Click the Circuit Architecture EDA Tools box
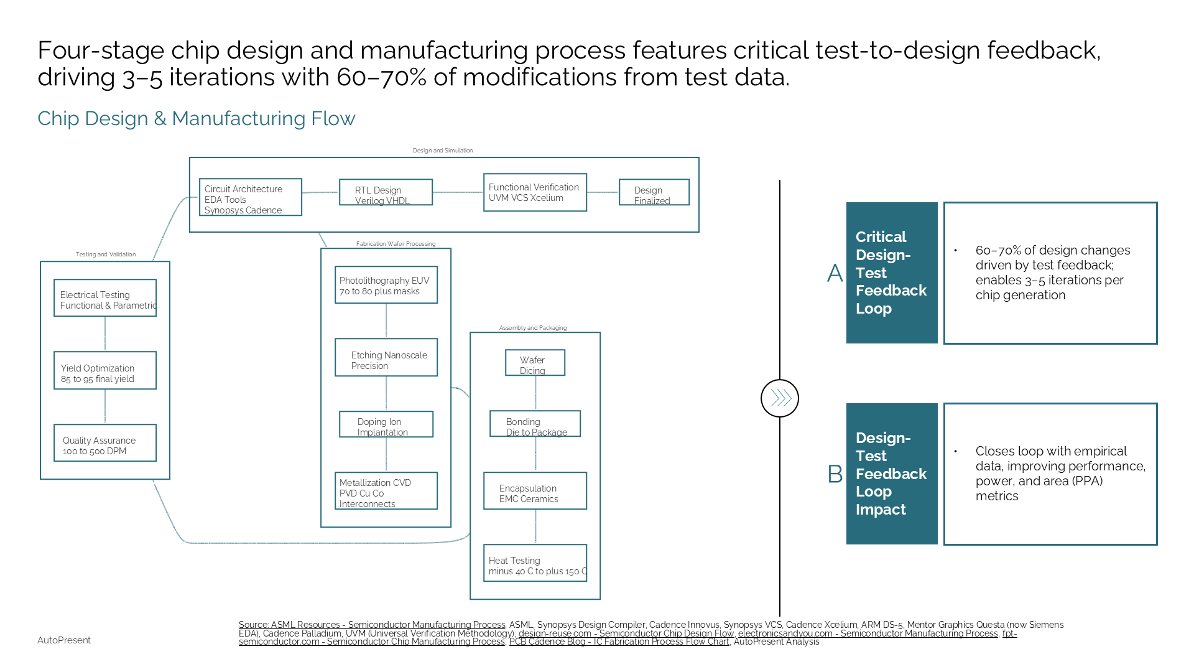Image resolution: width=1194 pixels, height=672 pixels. tap(250, 197)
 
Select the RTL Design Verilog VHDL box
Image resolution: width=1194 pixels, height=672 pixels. tap(386, 192)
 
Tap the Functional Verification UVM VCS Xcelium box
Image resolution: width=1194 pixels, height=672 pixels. tap(535, 192)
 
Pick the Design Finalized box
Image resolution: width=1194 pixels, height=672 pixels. tap(654, 192)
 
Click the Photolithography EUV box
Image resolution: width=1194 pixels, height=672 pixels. tap(386, 285)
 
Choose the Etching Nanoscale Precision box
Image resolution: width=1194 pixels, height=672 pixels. tap(386, 357)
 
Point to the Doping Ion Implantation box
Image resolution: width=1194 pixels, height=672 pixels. tap(386, 424)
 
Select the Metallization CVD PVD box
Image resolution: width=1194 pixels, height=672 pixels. tap(386, 491)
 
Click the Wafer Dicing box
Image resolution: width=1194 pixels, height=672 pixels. tap(535, 363)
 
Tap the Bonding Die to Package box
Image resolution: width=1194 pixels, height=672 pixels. tap(535, 424)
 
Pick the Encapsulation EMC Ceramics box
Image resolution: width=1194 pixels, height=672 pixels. tap(535, 491)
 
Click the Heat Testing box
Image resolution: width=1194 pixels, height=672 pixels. tap(535, 563)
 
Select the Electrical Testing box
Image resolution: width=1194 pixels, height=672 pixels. tap(104, 298)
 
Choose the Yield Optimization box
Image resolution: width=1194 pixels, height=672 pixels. tap(104, 371)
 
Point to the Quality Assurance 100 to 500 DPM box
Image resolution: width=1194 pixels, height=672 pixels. tap(104, 443)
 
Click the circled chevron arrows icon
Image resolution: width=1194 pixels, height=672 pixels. tap(780, 398)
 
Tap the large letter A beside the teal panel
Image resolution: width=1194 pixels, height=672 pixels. tap(835, 273)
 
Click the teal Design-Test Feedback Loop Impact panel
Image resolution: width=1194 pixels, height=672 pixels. tap(892, 474)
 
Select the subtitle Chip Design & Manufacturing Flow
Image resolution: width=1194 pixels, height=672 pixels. tap(197, 118)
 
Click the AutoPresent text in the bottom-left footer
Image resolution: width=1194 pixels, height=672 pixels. tap(64, 640)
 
